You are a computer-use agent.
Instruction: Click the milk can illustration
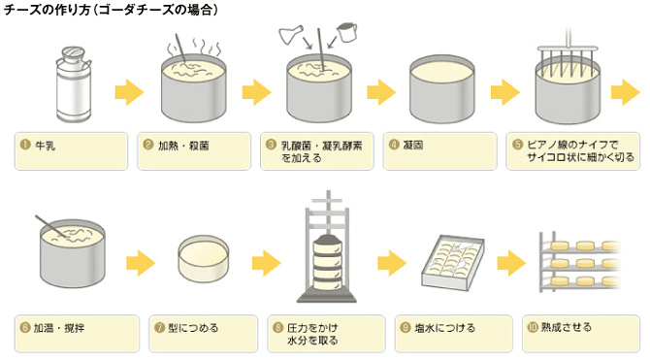coord(74,84)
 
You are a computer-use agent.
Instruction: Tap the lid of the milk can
coord(73,52)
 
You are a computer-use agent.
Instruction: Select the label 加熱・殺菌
coord(183,146)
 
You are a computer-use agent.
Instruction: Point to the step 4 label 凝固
coord(413,146)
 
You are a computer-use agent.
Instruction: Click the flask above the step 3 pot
coord(291,34)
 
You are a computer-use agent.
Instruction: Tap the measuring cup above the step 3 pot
coord(346,32)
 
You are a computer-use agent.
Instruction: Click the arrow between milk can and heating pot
coord(129,92)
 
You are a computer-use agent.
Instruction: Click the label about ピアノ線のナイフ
coord(580,150)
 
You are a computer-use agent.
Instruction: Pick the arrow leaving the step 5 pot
coord(625,92)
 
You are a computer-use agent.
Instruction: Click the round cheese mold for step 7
coord(204,259)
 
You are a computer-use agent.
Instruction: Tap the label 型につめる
coord(193,328)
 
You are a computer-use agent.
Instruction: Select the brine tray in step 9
coord(453,262)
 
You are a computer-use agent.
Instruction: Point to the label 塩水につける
coord(444,328)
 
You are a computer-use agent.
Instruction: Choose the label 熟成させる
coord(567,327)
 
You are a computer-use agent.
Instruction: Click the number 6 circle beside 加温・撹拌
coord(25,328)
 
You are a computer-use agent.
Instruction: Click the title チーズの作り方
coord(47,9)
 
